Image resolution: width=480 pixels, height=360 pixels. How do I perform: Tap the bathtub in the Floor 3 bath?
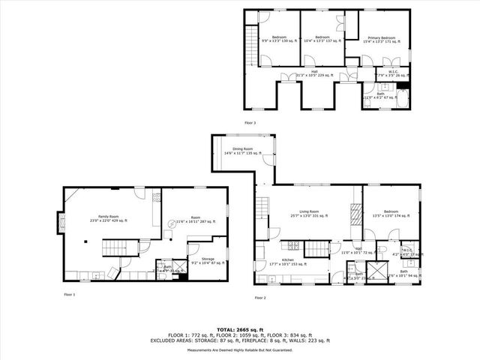click(402, 99)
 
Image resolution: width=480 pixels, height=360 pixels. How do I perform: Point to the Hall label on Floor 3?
click(304, 73)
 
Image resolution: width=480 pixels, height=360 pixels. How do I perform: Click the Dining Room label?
click(242, 151)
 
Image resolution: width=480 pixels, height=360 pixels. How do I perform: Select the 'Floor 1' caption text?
click(70, 295)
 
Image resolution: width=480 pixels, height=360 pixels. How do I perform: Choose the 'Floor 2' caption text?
click(260, 298)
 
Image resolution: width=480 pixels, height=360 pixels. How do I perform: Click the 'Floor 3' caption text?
click(250, 122)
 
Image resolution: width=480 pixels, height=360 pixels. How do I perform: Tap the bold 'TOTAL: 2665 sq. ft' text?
click(240, 328)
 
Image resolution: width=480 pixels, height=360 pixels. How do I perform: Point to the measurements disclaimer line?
click(240, 349)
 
